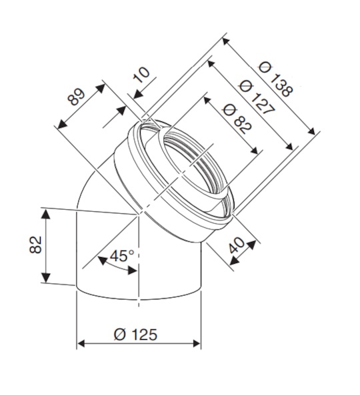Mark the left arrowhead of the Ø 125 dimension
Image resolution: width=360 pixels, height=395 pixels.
point(81,344)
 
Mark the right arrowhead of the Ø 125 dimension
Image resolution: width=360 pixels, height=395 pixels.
point(197,344)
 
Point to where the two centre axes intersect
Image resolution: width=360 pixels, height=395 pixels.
point(139,214)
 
